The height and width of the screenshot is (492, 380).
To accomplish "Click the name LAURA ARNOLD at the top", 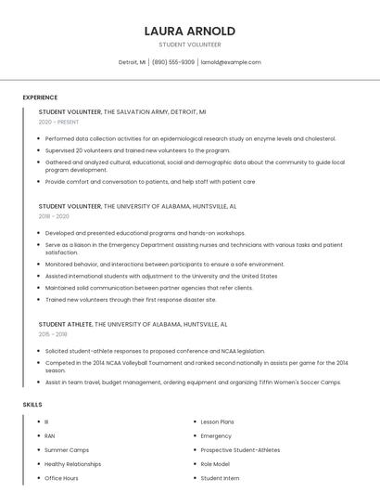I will (x=189, y=31).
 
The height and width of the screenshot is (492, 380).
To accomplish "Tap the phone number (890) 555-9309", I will (x=173, y=62).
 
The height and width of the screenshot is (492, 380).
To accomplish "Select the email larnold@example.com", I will (x=231, y=62).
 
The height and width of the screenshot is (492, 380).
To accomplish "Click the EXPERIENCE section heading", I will (x=40, y=97).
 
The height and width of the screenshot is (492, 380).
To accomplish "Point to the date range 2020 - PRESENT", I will (x=58, y=122).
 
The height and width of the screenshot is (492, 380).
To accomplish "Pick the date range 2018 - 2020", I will (x=54, y=216).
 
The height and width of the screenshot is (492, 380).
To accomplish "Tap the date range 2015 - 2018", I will (x=53, y=334).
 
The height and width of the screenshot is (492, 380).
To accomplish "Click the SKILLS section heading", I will (x=32, y=405).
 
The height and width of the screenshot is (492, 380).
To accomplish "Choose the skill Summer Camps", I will (x=67, y=449).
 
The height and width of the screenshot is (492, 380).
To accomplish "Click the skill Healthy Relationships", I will (x=73, y=463).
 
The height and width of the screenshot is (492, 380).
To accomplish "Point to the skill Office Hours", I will (x=61, y=478).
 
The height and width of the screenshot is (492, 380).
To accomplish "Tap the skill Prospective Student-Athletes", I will (x=240, y=449).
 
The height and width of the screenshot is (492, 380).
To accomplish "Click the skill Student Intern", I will (x=220, y=478).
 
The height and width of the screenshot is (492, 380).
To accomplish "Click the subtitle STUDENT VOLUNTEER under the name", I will (x=189, y=45).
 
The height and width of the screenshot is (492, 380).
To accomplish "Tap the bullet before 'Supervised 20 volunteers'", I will (x=39, y=149).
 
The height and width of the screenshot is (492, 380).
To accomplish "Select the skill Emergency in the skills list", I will (x=216, y=435).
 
